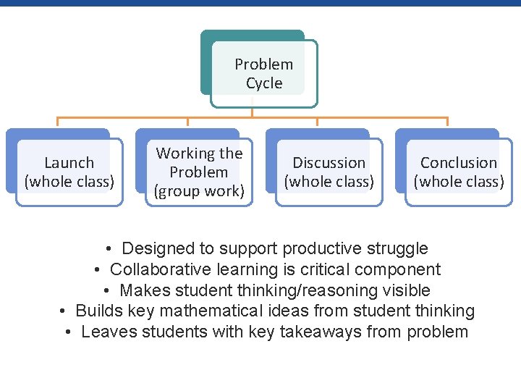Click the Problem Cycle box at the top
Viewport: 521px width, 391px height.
point(263,72)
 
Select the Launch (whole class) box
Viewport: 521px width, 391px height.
point(69,172)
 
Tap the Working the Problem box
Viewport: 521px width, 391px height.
point(199,172)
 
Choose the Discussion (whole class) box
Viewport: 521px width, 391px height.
point(329,172)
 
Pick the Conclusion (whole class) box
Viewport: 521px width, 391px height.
point(458,172)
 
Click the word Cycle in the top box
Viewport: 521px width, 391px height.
point(264,83)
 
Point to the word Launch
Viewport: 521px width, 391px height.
point(69,163)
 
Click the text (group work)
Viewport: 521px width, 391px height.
point(199,192)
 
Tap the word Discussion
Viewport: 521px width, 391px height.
point(329,163)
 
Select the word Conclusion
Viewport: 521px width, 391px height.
point(459,163)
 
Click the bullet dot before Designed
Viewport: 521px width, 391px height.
point(107,249)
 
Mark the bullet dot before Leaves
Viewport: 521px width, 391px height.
point(67,332)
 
